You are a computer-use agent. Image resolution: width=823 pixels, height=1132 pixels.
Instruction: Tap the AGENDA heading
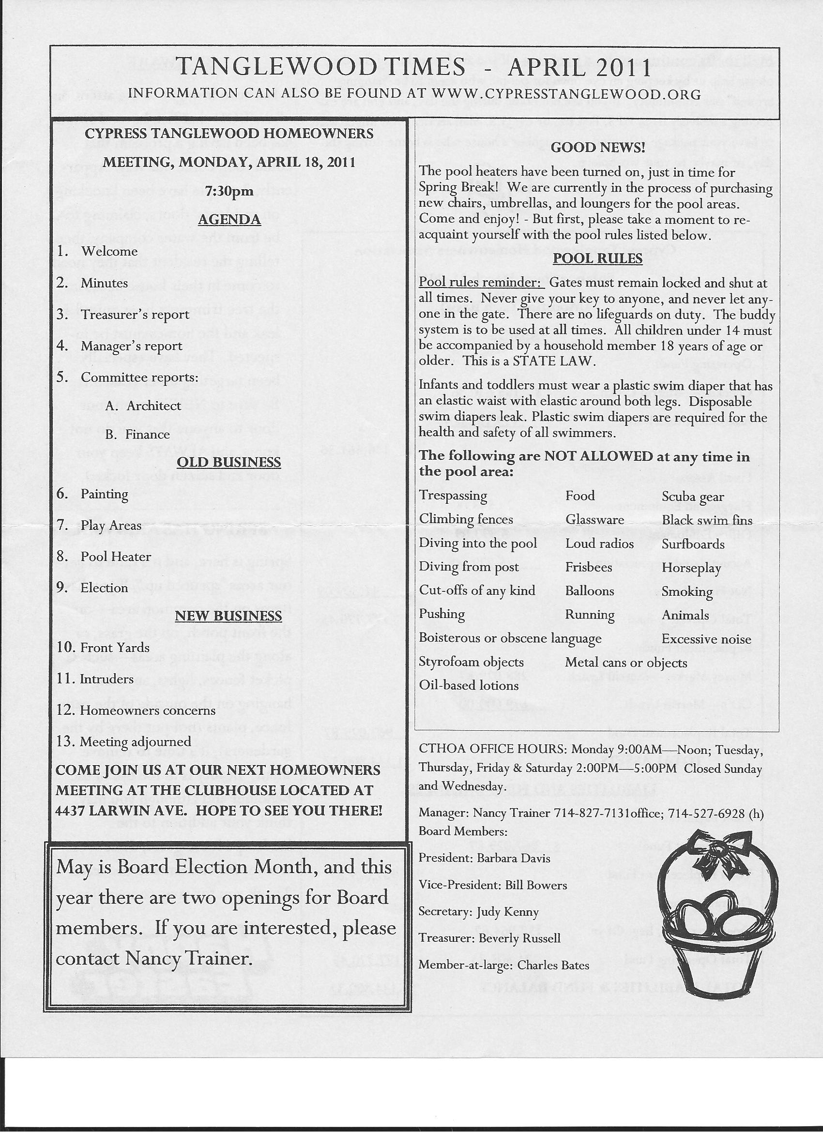tap(229, 220)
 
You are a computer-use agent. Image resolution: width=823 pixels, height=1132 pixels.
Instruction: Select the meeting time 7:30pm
tap(229, 191)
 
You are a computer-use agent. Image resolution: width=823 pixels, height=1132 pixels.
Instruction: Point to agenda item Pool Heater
tap(115, 556)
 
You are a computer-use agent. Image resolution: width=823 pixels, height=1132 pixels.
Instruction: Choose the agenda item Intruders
tap(107, 679)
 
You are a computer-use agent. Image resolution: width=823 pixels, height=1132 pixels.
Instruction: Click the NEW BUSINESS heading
tap(229, 616)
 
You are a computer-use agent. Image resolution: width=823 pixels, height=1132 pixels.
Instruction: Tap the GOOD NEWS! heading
tap(598, 147)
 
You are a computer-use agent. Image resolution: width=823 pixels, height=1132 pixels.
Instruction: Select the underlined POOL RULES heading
tap(597, 258)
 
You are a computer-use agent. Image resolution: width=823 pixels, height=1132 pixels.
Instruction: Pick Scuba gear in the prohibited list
tap(693, 497)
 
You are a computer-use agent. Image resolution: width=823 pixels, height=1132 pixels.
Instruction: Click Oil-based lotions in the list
tap(469, 685)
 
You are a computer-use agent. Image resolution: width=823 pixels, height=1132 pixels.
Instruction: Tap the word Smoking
tap(686, 591)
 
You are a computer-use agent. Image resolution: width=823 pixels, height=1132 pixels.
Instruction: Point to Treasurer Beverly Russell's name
tap(519, 938)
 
